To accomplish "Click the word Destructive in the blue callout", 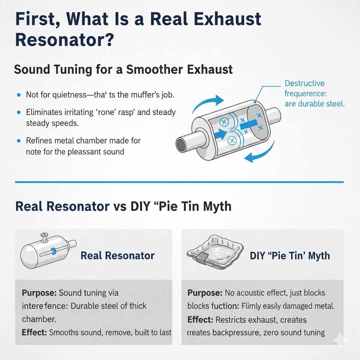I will (x=304, y=84).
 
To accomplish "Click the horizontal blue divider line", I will (x=179, y=182).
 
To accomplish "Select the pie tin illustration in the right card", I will (x=214, y=253).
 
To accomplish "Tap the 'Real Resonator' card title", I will (x=117, y=255).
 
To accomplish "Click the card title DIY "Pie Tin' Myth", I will (x=290, y=255).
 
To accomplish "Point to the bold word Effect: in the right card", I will (x=200, y=320).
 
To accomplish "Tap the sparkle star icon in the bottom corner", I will (x=341, y=340).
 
